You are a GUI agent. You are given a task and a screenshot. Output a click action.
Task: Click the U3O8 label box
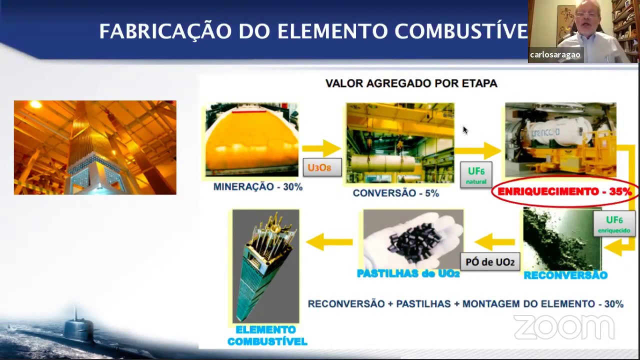point(322,167)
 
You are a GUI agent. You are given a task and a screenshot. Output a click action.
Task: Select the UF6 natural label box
point(476,175)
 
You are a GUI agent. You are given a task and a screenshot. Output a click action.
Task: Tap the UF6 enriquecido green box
point(614,224)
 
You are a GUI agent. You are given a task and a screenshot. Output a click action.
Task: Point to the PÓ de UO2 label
point(490,262)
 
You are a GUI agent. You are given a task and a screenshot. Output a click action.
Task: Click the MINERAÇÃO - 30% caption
point(258,187)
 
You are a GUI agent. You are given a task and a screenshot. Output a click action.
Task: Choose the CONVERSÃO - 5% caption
point(395,193)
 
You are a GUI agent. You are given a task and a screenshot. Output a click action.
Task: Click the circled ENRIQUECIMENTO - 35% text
point(564,191)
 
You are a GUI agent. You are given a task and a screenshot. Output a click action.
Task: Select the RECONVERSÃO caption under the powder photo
point(565,275)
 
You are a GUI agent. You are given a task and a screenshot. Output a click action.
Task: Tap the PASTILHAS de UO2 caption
point(408,273)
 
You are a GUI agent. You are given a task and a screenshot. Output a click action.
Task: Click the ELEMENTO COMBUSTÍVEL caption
point(266,336)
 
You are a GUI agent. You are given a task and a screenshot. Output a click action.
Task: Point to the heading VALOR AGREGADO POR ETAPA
point(411,83)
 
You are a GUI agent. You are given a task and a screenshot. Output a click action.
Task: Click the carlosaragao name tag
point(555,55)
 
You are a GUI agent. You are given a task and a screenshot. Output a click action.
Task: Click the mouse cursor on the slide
point(464,130)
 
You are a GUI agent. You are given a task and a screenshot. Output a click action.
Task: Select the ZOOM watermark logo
point(563,327)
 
